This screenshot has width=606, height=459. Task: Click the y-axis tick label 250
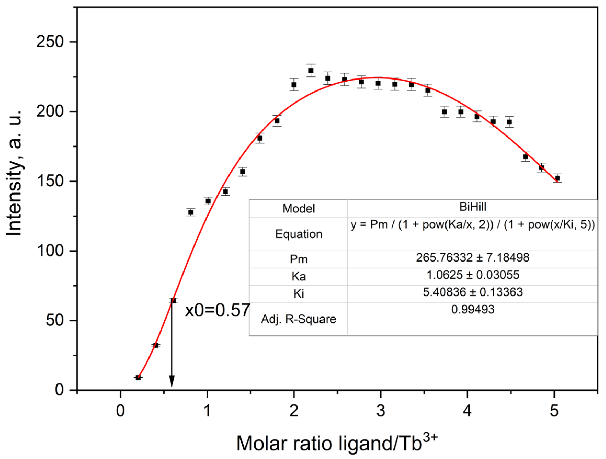click(x=50, y=42)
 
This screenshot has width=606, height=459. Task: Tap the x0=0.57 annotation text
click(x=217, y=310)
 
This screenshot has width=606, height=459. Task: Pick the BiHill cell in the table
click(x=473, y=207)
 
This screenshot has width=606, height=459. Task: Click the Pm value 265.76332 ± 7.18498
click(x=473, y=258)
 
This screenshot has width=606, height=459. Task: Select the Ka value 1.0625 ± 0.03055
click(x=473, y=275)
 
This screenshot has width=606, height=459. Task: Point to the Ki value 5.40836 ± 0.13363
click(x=473, y=292)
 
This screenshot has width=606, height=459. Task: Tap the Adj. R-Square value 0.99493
click(x=473, y=309)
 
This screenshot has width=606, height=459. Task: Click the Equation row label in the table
click(x=299, y=234)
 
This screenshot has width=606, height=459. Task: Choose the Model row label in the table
click(x=299, y=208)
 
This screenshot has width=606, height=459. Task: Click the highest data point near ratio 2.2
click(x=311, y=70)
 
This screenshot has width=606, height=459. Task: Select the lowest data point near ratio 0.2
click(x=138, y=377)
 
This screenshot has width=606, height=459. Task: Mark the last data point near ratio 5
click(x=557, y=178)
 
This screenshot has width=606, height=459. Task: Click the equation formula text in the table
click(x=473, y=225)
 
